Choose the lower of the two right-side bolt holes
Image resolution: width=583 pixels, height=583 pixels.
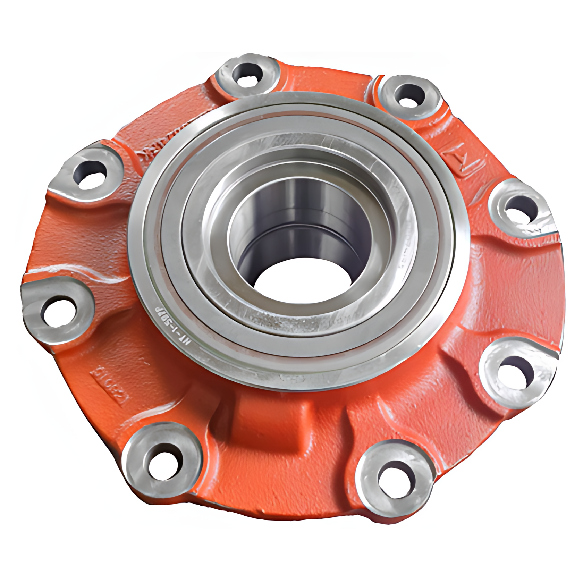[x=516, y=371]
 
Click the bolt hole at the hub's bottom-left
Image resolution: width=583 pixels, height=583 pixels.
[x=162, y=462]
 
